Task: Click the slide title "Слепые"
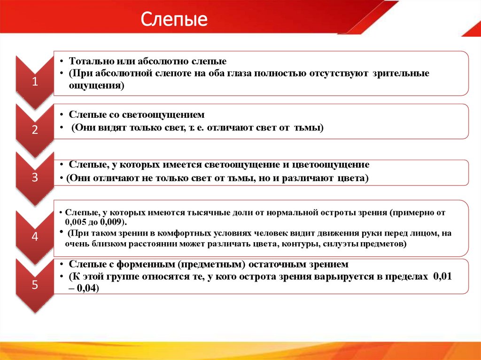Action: (174, 20)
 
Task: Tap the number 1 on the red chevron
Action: (35, 82)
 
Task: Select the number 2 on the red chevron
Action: (35, 130)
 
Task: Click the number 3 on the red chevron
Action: (35, 177)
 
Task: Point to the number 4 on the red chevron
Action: (35, 236)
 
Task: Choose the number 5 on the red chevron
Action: (35, 285)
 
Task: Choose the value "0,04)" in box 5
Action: (87, 290)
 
